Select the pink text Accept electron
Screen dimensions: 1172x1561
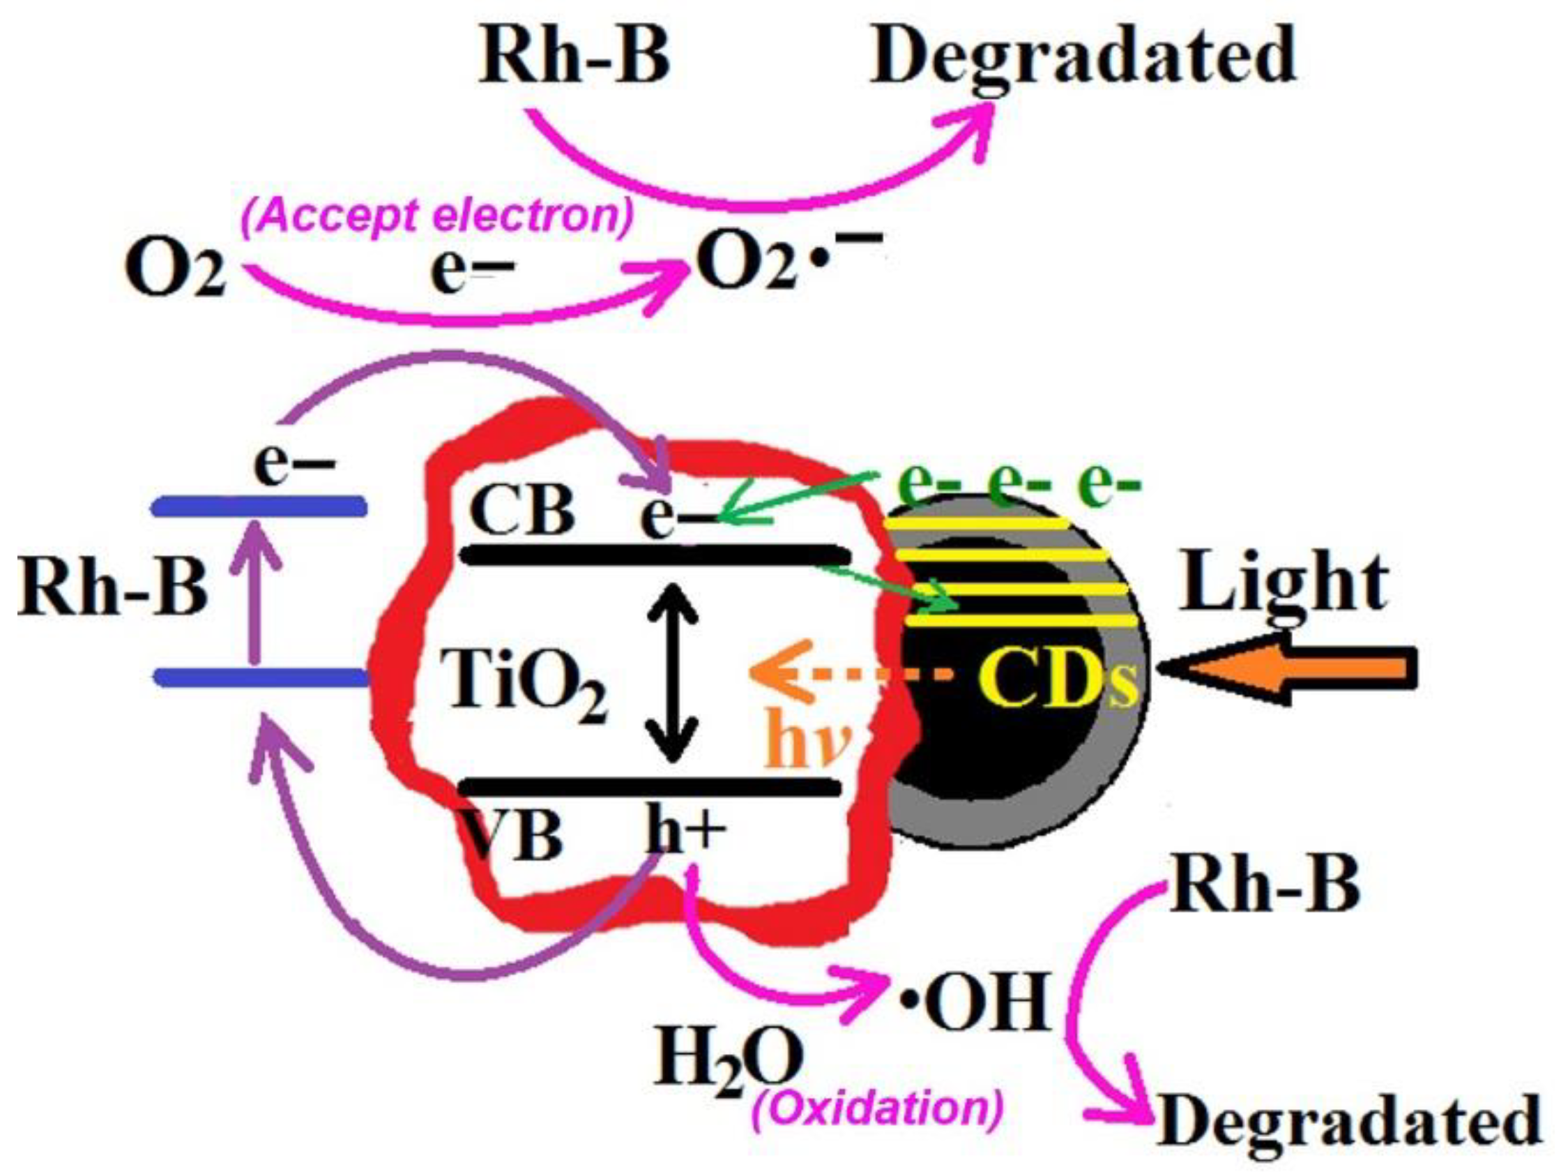(x=438, y=216)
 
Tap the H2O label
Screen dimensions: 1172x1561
(x=727, y=1062)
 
